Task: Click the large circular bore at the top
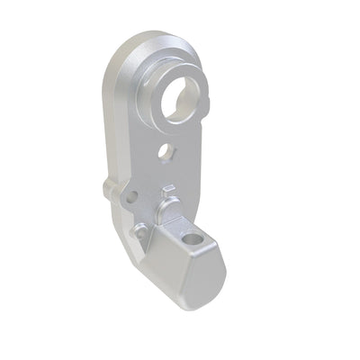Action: (x=184, y=100)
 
